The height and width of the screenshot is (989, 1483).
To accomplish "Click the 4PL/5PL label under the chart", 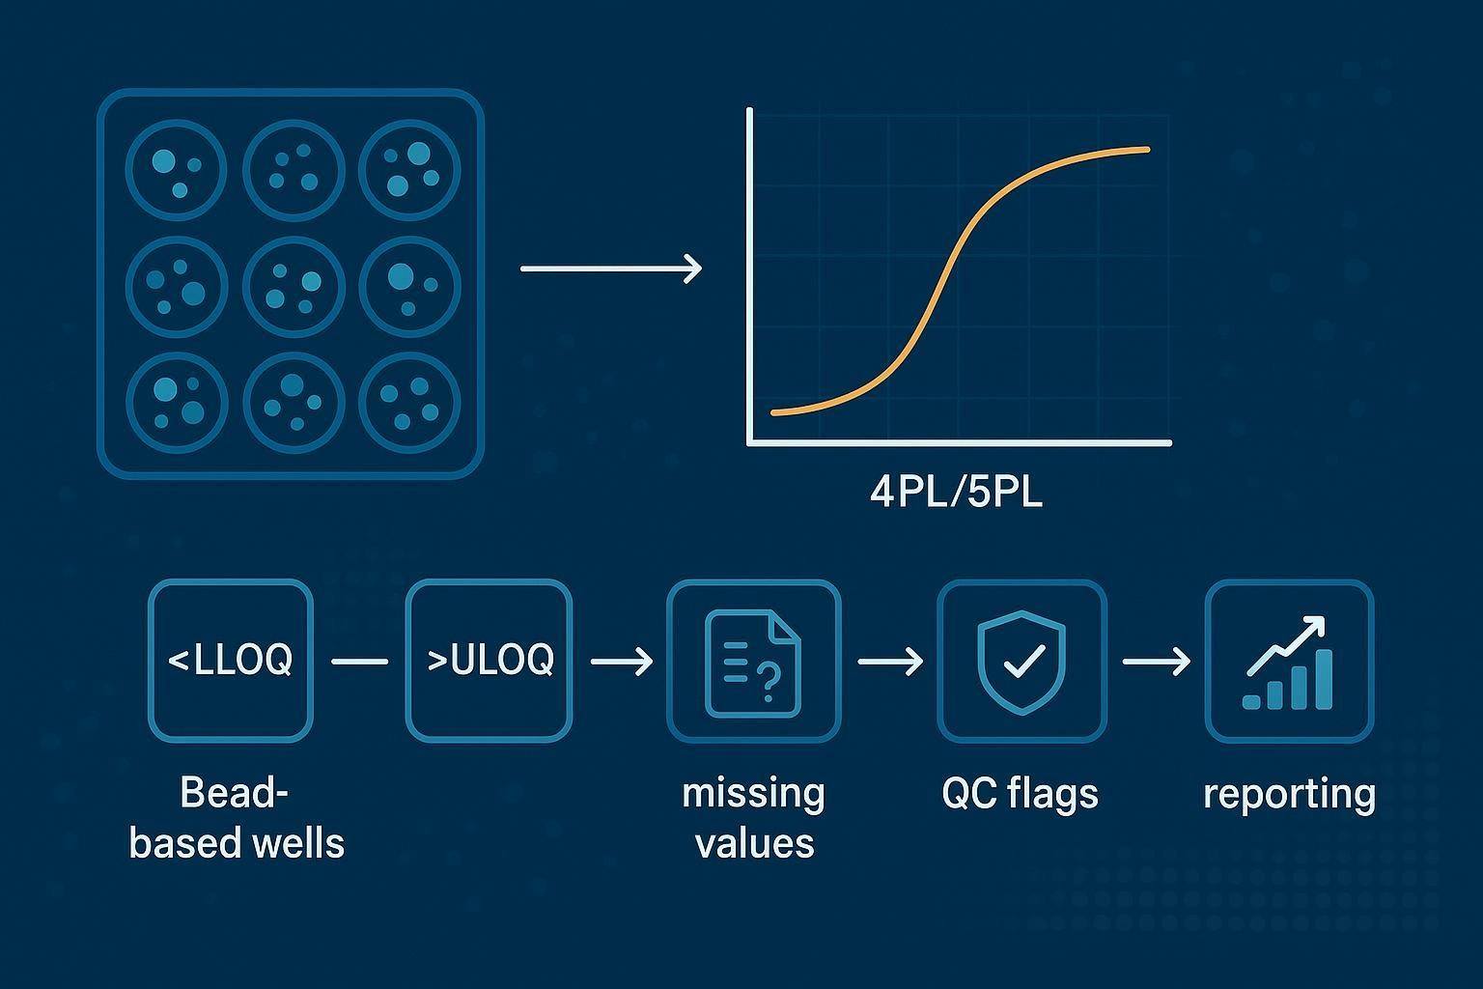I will click(x=956, y=494).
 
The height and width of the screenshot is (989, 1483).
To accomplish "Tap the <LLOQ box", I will click(x=231, y=661).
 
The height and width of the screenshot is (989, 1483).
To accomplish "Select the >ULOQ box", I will click(x=490, y=661).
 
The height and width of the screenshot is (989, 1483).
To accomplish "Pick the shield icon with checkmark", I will click(x=1021, y=661).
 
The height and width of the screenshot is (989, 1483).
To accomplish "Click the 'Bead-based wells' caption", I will click(x=237, y=818).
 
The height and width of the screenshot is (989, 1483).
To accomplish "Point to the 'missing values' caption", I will click(x=754, y=818).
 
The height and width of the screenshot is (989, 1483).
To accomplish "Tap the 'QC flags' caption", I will click(x=1020, y=794).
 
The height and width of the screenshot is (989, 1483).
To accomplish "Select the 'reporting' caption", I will click(x=1289, y=794).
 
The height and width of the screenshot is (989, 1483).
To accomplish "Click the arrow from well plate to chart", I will click(x=610, y=268).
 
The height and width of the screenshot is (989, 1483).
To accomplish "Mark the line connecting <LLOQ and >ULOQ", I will click(x=359, y=662).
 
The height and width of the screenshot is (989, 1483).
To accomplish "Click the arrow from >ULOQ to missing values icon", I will click(x=621, y=662).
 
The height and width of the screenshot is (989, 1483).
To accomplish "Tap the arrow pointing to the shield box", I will click(x=889, y=662).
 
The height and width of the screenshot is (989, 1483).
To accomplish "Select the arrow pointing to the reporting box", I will click(x=1156, y=662).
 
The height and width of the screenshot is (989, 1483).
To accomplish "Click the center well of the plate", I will click(x=293, y=285).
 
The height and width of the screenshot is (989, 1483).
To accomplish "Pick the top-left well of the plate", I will click(x=176, y=170).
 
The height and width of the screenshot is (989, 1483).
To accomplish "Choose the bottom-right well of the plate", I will click(x=409, y=402).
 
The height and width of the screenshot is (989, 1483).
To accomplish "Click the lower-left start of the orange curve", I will click(x=775, y=412).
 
